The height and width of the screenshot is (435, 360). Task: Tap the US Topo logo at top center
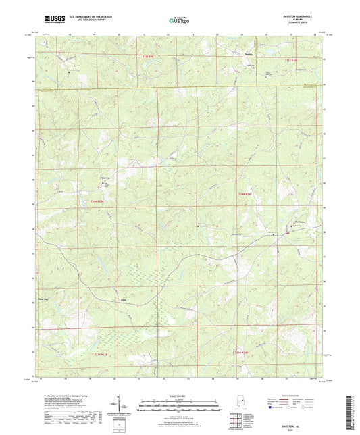click(x=179, y=21)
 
